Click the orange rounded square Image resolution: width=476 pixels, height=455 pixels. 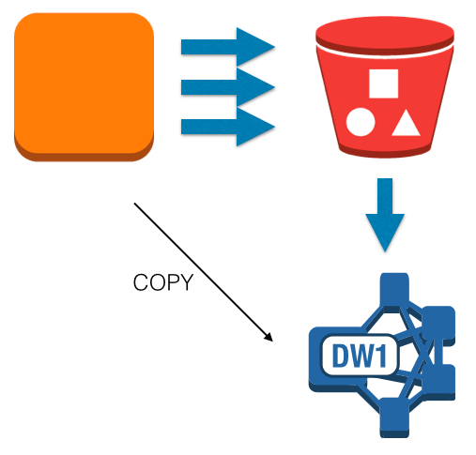pos(84,87)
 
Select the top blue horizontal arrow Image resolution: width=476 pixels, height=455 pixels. pos(228,47)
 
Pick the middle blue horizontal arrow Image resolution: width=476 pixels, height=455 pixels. pos(228,87)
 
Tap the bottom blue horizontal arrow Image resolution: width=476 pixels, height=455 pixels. pos(228,127)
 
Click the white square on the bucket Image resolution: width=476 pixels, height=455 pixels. pos(383,83)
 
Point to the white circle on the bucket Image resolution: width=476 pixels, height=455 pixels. pos(361,122)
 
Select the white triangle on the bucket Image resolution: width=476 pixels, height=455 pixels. pos(406,123)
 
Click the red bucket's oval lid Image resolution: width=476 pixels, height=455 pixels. pos(385,35)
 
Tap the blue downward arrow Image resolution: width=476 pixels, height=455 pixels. pos(385,215)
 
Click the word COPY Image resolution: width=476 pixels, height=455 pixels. pos(163,282)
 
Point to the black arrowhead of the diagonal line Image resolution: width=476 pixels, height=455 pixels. pos(269,337)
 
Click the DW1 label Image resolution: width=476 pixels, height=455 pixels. pos(360,356)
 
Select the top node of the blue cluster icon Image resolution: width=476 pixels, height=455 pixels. pos(394,288)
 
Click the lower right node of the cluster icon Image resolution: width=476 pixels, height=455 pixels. pos(438,382)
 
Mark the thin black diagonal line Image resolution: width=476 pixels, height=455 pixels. pos(204,272)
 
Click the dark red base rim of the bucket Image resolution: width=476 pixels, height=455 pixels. pos(385,152)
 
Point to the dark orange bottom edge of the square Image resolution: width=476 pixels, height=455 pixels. pos(84,157)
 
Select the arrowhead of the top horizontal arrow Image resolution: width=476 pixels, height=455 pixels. pos(255,47)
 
